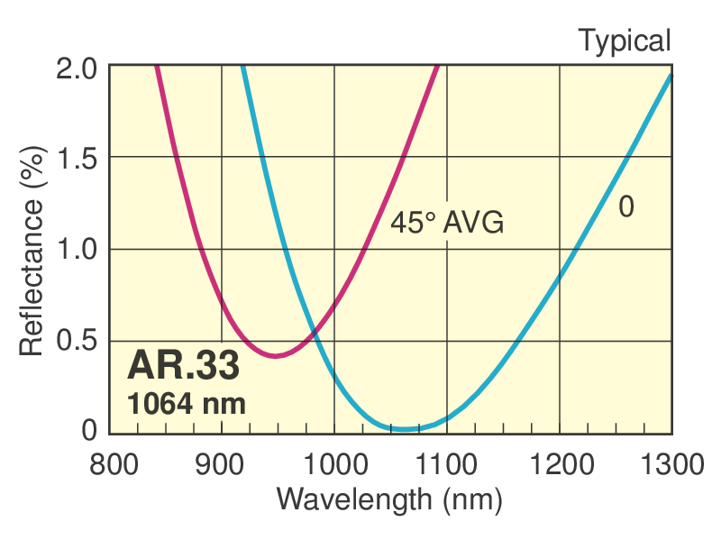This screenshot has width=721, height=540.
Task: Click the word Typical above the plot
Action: click(x=624, y=41)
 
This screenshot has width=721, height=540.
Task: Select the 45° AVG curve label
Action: click(x=446, y=223)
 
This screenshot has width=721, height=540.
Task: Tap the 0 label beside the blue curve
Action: click(x=626, y=206)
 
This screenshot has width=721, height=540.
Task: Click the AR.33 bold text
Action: click(x=184, y=365)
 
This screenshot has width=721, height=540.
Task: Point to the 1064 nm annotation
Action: click(x=187, y=403)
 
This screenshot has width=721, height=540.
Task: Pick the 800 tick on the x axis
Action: click(x=109, y=465)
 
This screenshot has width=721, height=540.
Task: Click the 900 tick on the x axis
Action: click(x=222, y=465)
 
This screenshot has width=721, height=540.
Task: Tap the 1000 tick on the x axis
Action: click(x=334, y=465)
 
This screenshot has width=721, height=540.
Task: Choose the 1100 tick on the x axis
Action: click(x=447, y=465)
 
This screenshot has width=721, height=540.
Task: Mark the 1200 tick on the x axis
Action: click(x=560, y=465)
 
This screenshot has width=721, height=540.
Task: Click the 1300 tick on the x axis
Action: click(x=672, y=465)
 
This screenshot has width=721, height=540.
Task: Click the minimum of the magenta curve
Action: click(x=276, y=355)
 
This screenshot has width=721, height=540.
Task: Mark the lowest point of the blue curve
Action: click(x=406, y=428)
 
